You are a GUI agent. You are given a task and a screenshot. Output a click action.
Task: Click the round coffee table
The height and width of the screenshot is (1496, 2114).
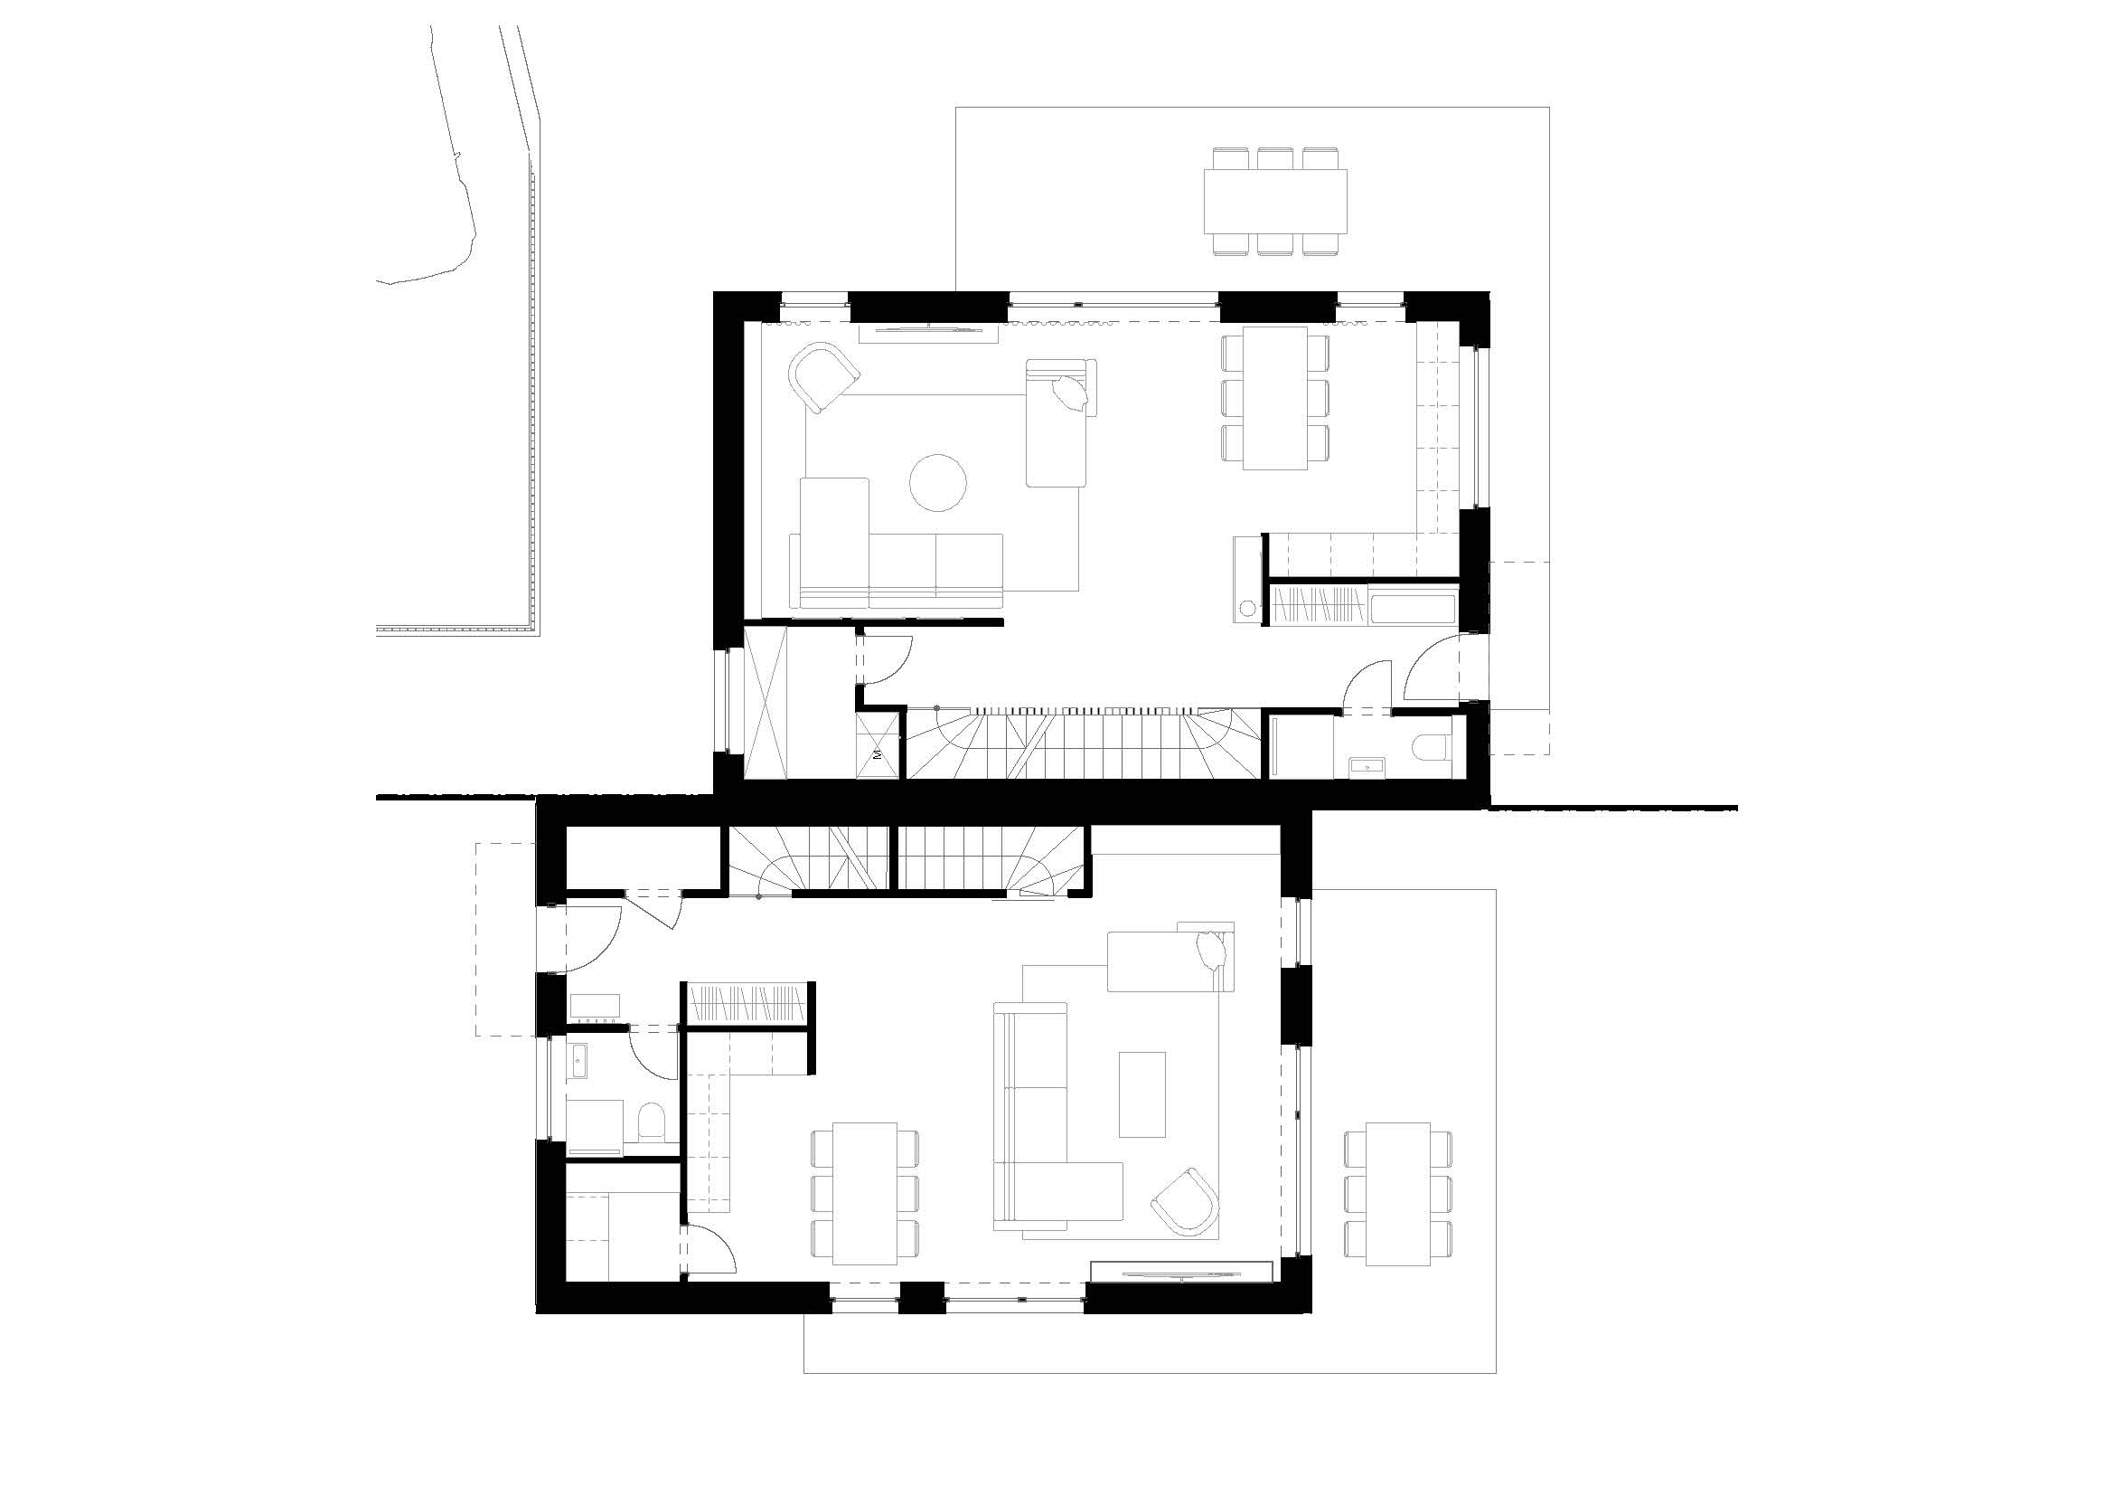click(937, 482)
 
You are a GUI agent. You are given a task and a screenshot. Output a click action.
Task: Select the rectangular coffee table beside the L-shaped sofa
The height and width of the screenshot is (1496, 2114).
click(1142, 1094)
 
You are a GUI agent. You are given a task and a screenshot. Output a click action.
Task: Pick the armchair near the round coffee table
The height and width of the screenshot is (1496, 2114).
click(823, 378)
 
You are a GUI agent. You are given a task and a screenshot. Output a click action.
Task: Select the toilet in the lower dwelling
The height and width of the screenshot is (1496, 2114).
click(650, 1121)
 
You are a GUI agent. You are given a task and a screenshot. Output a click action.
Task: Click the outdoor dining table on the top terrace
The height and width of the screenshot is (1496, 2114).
click(1275, 200)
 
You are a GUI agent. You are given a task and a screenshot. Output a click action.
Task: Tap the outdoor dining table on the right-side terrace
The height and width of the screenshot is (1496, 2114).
click(1398, 1194)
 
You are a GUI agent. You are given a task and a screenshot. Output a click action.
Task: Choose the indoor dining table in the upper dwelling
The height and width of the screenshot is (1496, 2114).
click(1275, 398)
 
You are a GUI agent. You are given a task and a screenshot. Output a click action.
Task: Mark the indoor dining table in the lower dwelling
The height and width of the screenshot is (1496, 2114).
click(865, 1194)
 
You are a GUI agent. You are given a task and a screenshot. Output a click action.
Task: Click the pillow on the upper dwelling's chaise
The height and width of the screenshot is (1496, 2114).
click(1070, 394)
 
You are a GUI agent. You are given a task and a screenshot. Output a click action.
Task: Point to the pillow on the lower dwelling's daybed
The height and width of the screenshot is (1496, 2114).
click(1207, 951)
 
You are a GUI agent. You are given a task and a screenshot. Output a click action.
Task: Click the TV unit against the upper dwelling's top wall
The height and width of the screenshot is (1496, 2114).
click(928, 333)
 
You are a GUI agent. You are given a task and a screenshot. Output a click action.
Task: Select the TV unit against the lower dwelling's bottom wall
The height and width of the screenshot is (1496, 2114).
click(1180, 1271)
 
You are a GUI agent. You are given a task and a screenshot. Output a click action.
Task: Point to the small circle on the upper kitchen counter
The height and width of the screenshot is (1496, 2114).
click(1247, 607)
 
